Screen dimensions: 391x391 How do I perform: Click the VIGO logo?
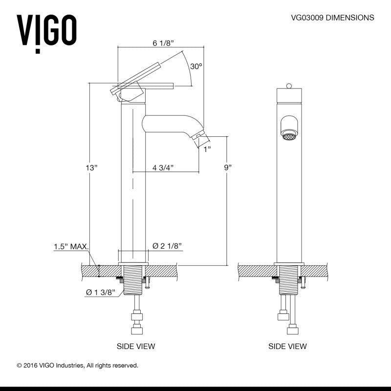[x=46, y=34]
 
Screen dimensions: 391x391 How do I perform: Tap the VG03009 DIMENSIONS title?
[x=332, y=18]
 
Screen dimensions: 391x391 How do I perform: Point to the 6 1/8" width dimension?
[x=163, y=43]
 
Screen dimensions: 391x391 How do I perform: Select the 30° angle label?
[x=196, y=66]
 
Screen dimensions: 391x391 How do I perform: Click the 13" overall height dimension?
[x=91, y=168]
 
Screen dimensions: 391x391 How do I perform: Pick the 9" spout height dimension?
[x=228, y=168]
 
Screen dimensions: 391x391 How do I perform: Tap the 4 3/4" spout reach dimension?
[x=163, y=168]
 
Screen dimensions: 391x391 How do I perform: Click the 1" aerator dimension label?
[x=207, y=149]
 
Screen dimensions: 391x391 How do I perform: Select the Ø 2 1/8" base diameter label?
[x=167, y=246]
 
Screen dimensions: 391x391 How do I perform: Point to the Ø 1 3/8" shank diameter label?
[x=101, y=292]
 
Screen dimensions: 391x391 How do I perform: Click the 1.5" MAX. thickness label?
[x=71, y=247]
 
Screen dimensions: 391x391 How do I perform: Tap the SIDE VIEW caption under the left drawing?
[x=136, y=346]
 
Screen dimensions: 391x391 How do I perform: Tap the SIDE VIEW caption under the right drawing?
[x=287, y=346]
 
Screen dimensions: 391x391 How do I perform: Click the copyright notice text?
[x=78, y=366]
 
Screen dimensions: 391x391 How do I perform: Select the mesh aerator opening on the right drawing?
[x=289, y=136]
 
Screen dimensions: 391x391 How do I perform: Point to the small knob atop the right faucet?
[x=289, y=86]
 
